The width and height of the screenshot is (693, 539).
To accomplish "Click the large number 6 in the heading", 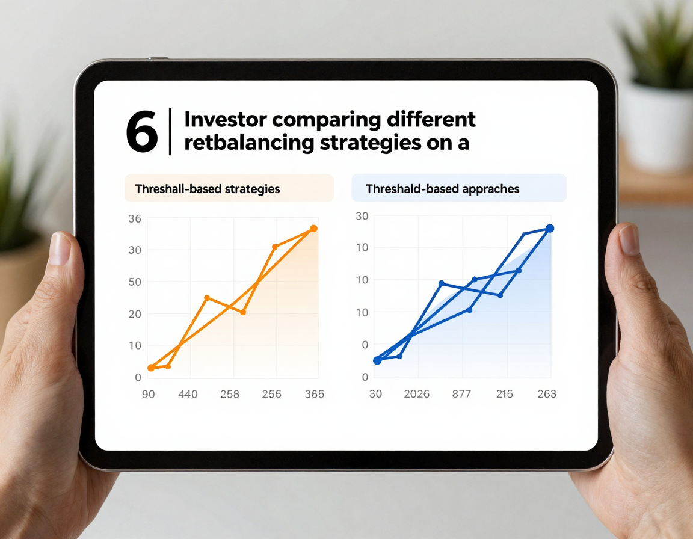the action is pos(141,132).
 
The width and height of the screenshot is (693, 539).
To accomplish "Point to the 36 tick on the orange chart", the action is pos(135,219).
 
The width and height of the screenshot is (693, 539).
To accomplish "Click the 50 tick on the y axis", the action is pos(135,282).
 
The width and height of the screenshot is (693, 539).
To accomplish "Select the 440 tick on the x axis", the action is pos(188,394).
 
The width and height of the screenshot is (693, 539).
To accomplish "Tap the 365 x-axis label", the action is pos(314,394).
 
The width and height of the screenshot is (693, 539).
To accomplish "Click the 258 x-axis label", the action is pos(230,394).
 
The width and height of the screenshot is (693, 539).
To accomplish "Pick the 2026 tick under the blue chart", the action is pos(416,393).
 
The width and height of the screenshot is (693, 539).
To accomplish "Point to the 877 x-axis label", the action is pos(461,393).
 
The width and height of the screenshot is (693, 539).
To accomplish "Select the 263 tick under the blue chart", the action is pos(547,393).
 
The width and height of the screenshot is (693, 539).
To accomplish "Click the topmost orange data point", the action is pos(313,229).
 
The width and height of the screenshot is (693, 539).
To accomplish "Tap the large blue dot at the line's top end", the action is pos(550,229).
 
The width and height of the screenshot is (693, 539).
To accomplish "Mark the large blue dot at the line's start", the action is pos(377,360).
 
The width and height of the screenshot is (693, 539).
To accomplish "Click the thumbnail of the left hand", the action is pos(59,248).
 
